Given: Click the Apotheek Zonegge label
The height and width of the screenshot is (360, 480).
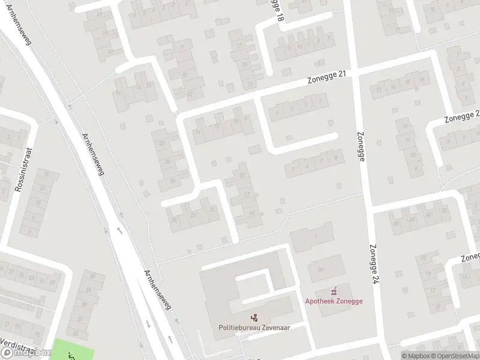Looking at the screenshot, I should click(x=334, y=301).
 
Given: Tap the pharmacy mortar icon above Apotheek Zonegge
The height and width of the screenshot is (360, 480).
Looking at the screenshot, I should click(x=334, y=291).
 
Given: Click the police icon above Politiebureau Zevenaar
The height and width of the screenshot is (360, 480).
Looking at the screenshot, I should click(x=254, y=316).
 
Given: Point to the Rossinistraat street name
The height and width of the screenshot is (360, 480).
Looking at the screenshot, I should click(x=23, y=171).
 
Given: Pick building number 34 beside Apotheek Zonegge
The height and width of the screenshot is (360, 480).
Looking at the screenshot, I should click(x=320, y=268).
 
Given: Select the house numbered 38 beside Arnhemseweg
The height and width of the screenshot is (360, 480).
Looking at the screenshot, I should click(x=92, y=277).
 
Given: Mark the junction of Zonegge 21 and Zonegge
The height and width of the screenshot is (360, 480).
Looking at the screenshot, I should click(x=354, y=71).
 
